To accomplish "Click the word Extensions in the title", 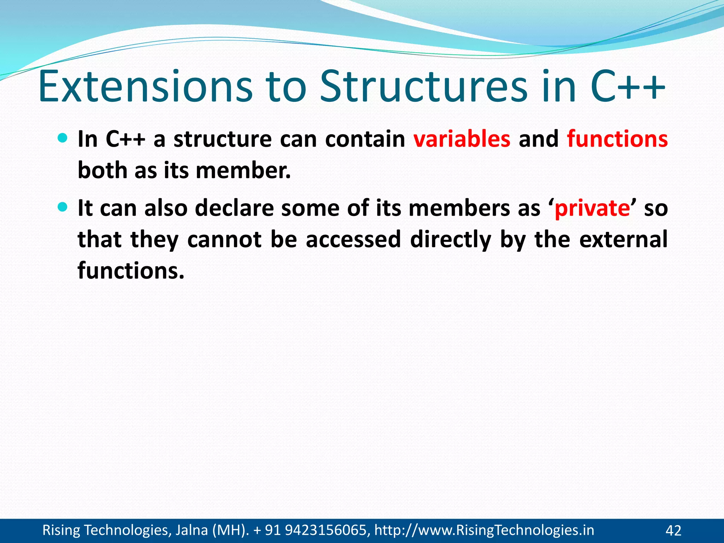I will [145, 87].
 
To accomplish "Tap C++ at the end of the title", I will [627, 87].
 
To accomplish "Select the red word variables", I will [462, 139].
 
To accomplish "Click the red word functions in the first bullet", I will [617, 139].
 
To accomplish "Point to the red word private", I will [592, 208].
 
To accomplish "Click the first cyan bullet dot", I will [62, 138].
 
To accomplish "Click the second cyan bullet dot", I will [62, 207].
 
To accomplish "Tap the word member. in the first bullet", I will [243, 170].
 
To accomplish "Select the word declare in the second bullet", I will [234, 208].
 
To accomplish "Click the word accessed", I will [353, 239].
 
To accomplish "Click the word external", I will [623, 239].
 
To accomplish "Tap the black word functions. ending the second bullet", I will [131, 271].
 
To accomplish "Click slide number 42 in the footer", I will [673, 531].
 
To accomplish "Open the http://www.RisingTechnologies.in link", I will [484, 530].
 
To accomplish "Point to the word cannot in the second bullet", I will [224, 239].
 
